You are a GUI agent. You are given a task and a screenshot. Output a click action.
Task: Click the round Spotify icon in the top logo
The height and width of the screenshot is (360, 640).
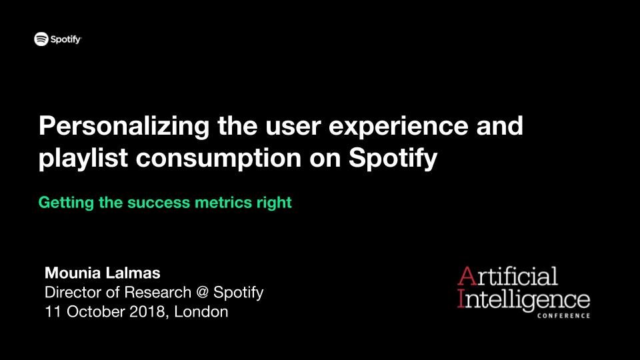tap(41, 39)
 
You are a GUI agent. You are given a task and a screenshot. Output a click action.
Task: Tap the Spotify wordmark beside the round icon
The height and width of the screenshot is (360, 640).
tap(66, 39)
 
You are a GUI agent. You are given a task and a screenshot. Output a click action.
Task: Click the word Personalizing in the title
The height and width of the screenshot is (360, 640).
tap(124, 127)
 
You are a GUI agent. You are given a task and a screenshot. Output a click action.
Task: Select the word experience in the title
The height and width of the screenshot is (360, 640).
tap(399, 127)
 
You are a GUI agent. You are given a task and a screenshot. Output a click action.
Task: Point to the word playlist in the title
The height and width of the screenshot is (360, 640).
tap(83, 159)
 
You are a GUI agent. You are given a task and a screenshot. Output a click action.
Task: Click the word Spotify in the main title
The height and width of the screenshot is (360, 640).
tap(393, 159)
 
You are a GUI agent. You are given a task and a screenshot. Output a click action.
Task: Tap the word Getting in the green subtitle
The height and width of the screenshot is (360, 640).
tap(66, 203)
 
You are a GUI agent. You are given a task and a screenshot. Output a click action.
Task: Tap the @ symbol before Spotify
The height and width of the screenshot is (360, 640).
tap(202, 293)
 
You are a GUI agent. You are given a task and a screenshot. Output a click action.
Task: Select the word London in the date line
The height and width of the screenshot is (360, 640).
tap(201, 312)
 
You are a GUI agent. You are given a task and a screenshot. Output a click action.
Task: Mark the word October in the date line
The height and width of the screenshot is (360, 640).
tap(96, 312)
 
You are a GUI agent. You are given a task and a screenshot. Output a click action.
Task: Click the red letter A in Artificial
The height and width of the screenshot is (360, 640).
tap(467, 276)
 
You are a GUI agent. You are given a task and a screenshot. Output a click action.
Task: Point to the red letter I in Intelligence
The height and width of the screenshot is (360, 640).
tap(461, 298)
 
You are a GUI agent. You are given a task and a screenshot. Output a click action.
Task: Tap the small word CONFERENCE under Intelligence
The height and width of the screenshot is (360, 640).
tap(564, 315)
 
